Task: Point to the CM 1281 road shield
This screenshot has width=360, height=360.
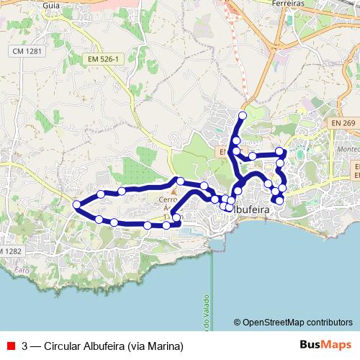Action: click(27, 53)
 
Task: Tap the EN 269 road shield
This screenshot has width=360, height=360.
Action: click(344, 125)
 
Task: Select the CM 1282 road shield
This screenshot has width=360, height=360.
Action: click(9, 250)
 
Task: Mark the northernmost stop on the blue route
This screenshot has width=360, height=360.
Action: click(242, 115)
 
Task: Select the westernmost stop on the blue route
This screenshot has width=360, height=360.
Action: click(77, 206)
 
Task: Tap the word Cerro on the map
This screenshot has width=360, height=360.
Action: click(168, 200)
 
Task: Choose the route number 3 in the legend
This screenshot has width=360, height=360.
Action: click(25, 344)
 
